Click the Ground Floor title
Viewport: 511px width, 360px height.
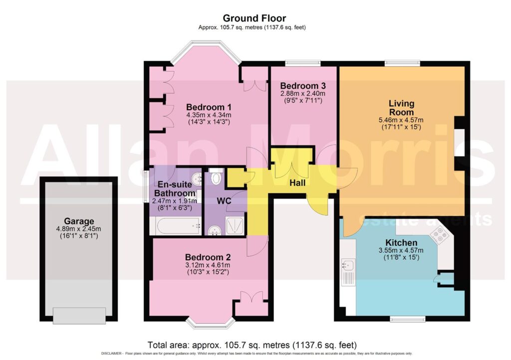[x=254, y=18]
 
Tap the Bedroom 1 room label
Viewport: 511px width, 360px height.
[x=209, y=107]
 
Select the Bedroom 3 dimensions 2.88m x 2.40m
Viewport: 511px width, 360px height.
[x=303, y=93]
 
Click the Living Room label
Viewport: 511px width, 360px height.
[x=401, y=108]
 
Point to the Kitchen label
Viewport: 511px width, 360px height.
[x=401, y=243]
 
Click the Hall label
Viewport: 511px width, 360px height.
[x=297, y=183]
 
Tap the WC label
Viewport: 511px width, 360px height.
[x=224, y=201]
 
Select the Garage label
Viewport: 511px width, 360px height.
[x=79, y=222]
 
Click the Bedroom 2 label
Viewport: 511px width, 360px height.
[x=208, y=257]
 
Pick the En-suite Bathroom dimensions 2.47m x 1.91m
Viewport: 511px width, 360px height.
[x=174, y=201]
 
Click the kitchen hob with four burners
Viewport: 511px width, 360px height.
[x=439, y=235]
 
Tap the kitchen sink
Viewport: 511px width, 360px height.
[x=348, y=265]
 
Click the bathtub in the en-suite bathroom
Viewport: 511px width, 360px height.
[x=178, y=225]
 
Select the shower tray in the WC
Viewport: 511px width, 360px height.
[x=235, y=225]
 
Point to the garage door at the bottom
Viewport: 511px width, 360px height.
[x=79, y=316]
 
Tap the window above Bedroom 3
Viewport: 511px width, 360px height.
[x=303, y=63]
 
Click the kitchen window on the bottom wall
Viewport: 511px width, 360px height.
[x=408, y=319]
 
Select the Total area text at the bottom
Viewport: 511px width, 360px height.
[x=252, y=345]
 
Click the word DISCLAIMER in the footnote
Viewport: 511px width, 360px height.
[x=112, y=354]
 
